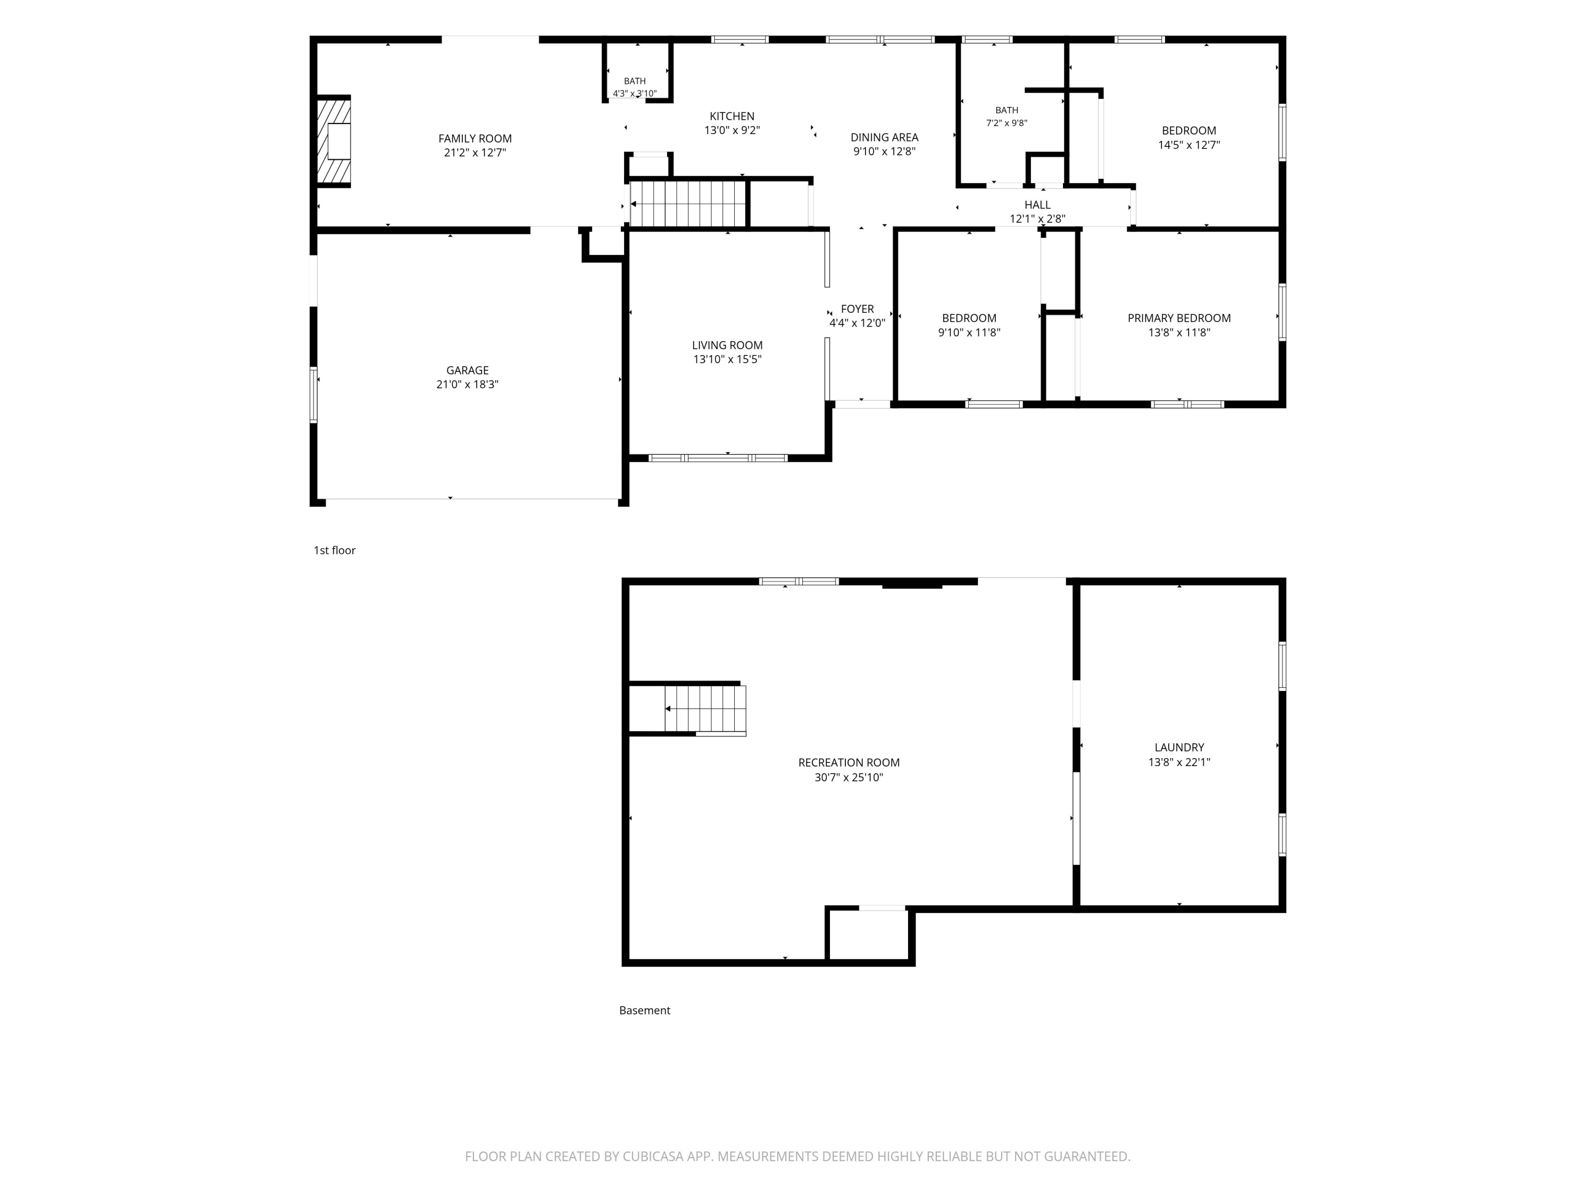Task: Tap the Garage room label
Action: pos(468,370)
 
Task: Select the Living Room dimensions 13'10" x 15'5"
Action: pos(727,359)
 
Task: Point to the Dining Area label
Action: pos(885,137)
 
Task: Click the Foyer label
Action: pos(857,309)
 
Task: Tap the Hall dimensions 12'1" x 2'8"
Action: pos(1037,219)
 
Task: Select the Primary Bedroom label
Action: pos(1179,318)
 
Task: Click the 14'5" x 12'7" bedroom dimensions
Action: pos(1189,145)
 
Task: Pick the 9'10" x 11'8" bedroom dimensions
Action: pos(969,332)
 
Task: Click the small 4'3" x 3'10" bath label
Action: pos(635,93)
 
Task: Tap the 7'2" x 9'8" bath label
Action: pos(1007,123)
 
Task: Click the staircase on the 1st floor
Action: pos(687,203)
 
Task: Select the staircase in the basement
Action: pos(705,709)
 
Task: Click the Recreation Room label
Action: pos(849,763)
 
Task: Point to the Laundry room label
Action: pos(1179,747)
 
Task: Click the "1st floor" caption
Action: pos(334,551)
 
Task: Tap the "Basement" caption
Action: pos(644,1011)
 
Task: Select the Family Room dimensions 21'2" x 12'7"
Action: pos(475,153)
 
